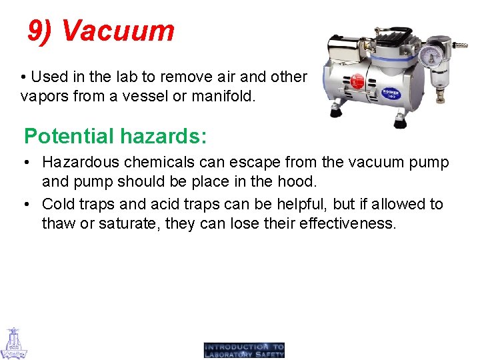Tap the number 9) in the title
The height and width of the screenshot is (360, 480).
tap(41, 31)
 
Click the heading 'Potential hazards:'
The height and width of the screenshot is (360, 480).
tap(115, 136)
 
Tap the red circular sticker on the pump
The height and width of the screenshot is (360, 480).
tap(357, 81)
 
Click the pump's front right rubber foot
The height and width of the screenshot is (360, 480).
tap(400, 123)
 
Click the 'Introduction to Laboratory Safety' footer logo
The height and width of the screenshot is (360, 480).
tap(245, 351)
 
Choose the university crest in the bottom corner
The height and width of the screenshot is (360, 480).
tap(13, 343)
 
